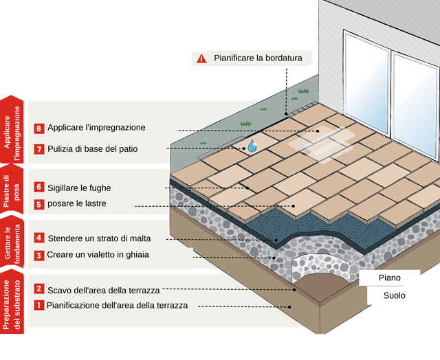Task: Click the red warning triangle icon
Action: tap(201, 58)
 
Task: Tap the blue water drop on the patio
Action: tap(252, 146)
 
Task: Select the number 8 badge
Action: tap(39, 128)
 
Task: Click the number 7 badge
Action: tap(39, 148)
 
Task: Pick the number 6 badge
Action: tap(39, 187)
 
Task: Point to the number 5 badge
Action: tap(39, 204)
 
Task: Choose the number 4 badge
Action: tap(39, 238)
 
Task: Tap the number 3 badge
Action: tap(39, 255)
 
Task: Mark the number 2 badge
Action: tap(39, 289)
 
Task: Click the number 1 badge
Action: tap(39, 306)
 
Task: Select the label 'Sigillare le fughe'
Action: tap(79, 187)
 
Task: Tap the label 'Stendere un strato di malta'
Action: tap(98, 238)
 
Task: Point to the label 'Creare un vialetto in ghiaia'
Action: tap(98, 255)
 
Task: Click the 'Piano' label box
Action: tap(390, 278)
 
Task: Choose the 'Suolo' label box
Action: tap(395, 295)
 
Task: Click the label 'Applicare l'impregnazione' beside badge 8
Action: tap(96, 128)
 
